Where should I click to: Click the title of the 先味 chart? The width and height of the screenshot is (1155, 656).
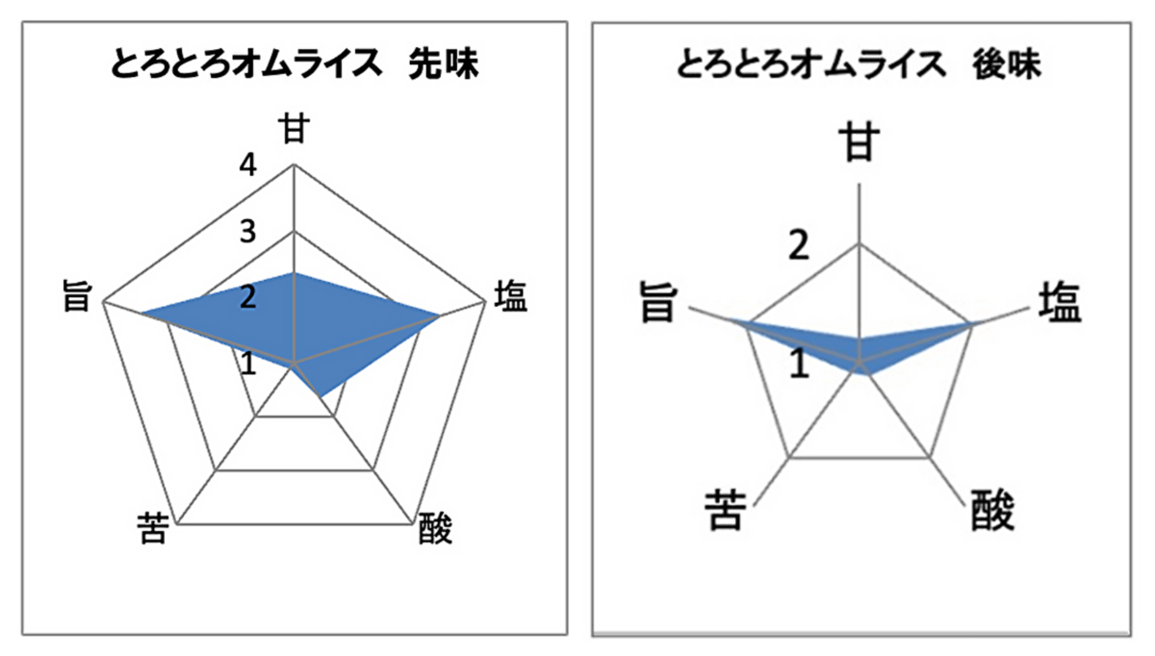(295, 65)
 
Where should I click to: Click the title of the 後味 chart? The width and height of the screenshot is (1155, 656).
(859, 65)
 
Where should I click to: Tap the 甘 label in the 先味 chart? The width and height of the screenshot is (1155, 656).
(294, 129)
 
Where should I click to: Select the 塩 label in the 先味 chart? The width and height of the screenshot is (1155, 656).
(510, 296)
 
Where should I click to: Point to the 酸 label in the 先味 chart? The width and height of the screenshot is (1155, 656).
(435, 528)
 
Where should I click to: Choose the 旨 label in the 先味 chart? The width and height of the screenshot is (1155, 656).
(77, 296)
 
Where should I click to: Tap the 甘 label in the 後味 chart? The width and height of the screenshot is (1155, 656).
(859, 141)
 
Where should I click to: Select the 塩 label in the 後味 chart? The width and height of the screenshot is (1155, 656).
(1059, 303)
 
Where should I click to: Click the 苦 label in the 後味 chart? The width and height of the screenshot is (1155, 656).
(726, 510)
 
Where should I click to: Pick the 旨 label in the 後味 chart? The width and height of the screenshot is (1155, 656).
(658, 303)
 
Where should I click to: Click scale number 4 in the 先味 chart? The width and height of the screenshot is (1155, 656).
(248, 166)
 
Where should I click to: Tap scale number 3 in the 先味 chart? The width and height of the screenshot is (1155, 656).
(248, 232)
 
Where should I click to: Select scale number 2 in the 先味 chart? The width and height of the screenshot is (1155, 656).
(248, 298)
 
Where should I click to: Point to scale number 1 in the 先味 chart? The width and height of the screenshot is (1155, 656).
(248, 364)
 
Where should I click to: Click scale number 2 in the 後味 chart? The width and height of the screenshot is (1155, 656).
(799, 245)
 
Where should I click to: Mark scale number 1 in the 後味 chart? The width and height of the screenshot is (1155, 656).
(800, 364)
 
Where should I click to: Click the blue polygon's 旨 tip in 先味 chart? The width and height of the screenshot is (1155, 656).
(141, 313)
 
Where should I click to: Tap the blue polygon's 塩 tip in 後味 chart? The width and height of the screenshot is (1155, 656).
(972, 323)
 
